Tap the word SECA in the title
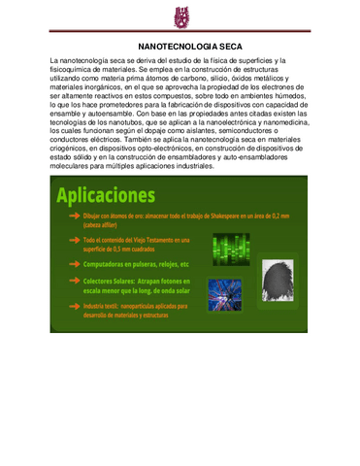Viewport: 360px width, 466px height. [221, 46]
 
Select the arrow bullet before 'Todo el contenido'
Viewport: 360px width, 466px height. [75, 239]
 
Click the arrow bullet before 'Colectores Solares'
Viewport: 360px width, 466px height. [75, 283]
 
